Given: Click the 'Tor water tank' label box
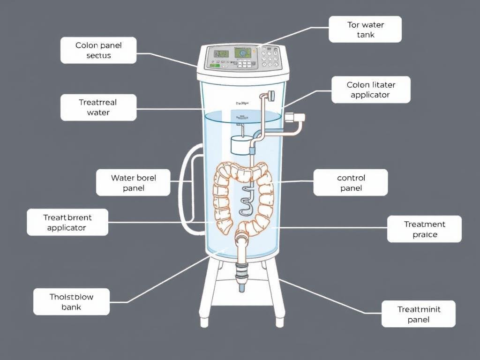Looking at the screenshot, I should point(365,30).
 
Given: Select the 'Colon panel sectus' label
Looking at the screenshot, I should point(98,50).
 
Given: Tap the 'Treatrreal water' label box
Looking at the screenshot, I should point(98,107).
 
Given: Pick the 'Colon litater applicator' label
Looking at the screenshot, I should point(371,90).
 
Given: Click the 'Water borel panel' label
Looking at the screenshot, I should point(133,183).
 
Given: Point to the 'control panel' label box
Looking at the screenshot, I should point(351,183).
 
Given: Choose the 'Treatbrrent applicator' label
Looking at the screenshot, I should point(67,222).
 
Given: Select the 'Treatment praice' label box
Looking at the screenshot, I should point(424,229).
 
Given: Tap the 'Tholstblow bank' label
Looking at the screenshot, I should point(71,301).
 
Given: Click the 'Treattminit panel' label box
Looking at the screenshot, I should point(418,314).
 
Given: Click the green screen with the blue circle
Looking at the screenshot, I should point(243,53).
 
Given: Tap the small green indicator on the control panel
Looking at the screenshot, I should point(215,66).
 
